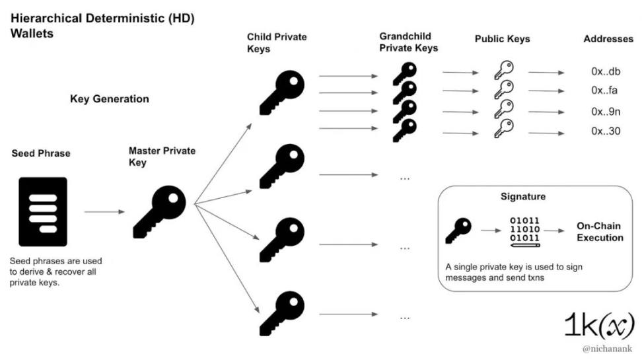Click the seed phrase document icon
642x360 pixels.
pyautogui.click(x=43, y=211)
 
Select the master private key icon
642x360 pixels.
pyautogui.click(x=159, y=211)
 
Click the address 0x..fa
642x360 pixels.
pyautogui.click(x=604, y=90)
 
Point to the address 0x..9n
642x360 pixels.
pyautogui.click(x=605, y=112)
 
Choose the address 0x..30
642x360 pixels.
pyautogui.click(x=605, y=131)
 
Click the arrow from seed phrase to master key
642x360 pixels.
pyautogui.click(x=104, y=212)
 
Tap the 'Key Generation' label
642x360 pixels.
pyautogui.click(x=110, y=99)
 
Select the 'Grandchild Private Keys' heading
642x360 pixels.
pyautogui.click(x=409, y=42)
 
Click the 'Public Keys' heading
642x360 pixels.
pyautogui.click(x=502, y=40)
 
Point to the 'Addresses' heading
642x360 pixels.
pyautogui.click(x=608, y=39)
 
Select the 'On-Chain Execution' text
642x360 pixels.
pyautogui.click(x=600, y=231)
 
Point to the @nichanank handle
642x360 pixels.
pyautogui.click(x=606, y=348)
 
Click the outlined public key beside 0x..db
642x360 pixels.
pyautogui.click(x=503, y=70)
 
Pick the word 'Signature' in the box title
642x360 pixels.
pyautogui.click(x=523, y=197)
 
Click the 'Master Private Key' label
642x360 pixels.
pyautogui.click(x=162, y=157)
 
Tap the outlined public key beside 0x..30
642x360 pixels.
pyautogui.click(x=503, y=128)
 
